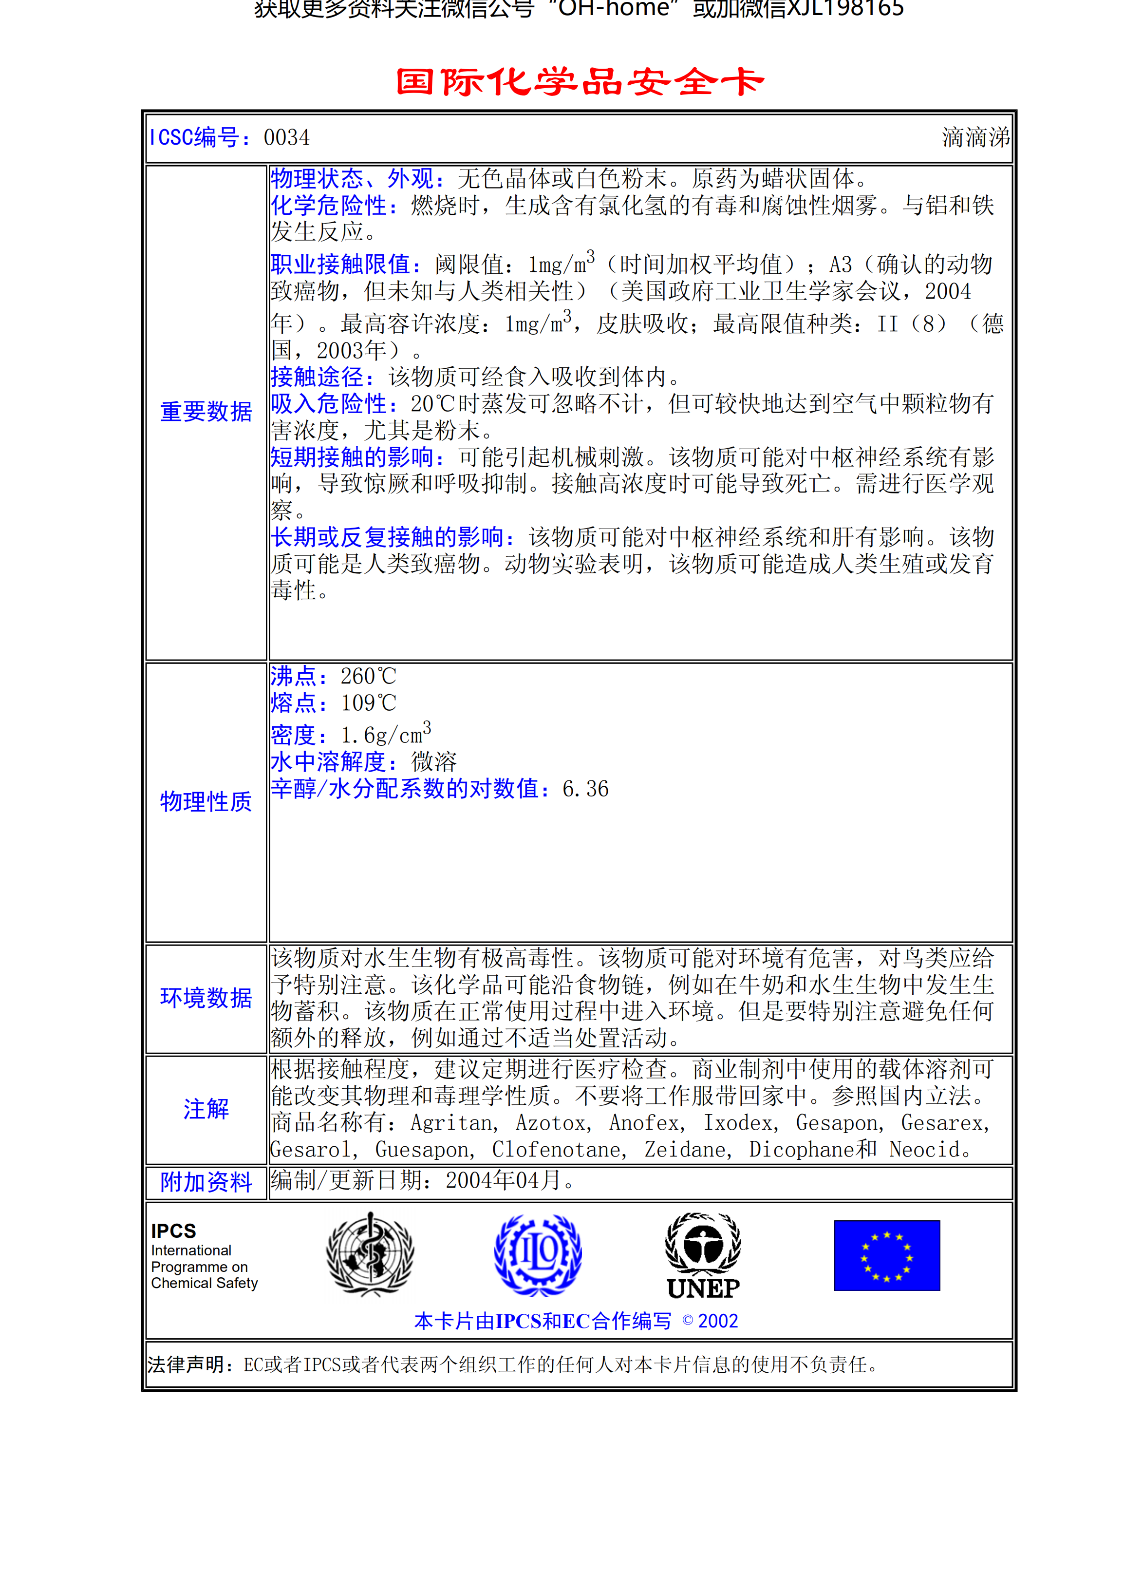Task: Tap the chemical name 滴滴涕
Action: [974, 138]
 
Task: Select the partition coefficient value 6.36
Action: [585, 789]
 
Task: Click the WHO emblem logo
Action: [371, 1255]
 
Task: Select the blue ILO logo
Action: [538, 1255]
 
